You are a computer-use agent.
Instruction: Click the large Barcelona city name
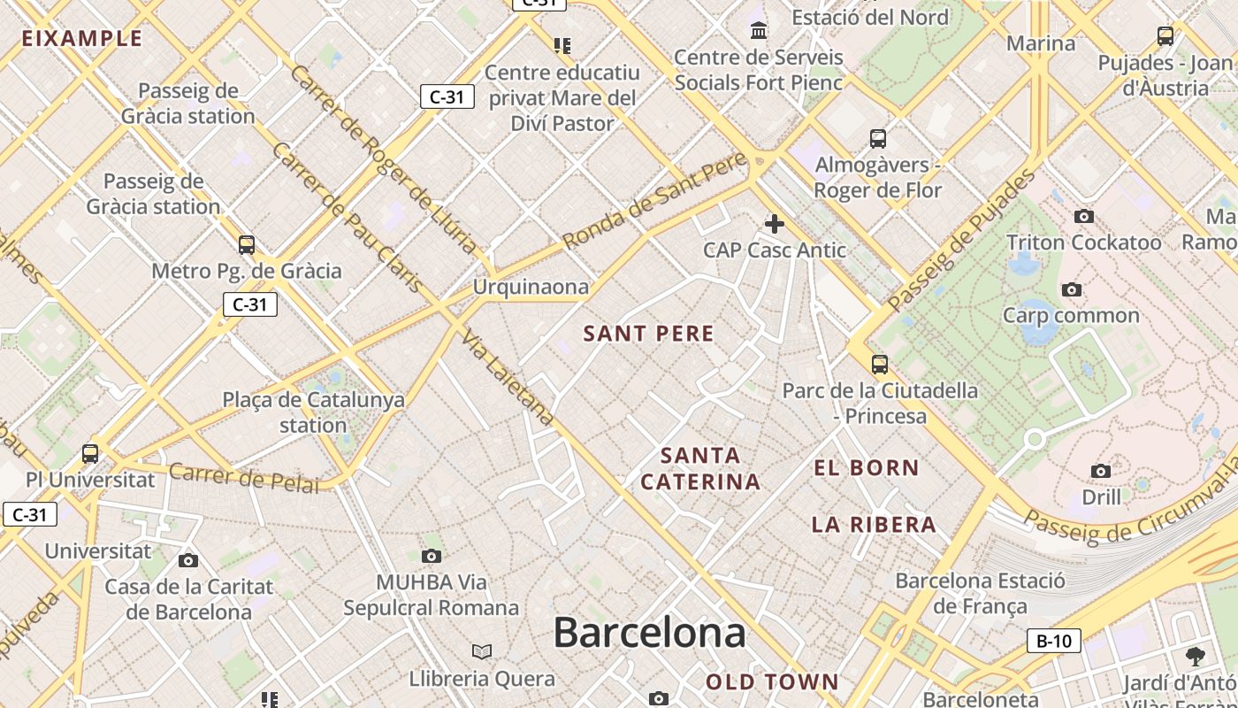(x=649, y=633)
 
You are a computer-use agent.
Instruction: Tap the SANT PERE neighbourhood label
(x=648, y=334)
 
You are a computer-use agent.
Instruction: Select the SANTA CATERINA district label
(x=700, y=468)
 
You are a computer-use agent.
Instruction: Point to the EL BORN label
(x=867, y=467)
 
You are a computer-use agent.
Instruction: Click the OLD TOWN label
(x=772, y=681)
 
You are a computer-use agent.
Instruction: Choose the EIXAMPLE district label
(x=81, y=38)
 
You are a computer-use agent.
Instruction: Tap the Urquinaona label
(x=531, y=287)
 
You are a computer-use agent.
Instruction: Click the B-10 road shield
(x=1053, y=641)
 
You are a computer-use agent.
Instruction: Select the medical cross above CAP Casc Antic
(x=775, y=224)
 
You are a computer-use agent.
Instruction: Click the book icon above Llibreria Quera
(x=482, y=652)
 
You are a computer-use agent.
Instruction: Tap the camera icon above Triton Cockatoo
(x=1083, y=217)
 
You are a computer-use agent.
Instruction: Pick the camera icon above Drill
(x=1101, y=471)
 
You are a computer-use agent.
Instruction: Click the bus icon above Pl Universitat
(x=90, y=454)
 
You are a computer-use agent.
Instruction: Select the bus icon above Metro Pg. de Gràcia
(x=247, y=245)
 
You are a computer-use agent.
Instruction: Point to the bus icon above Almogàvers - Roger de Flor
(x=878, y=139)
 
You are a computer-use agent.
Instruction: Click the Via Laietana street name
(x=508, y=380)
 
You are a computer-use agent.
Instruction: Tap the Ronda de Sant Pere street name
(x=654, y=203)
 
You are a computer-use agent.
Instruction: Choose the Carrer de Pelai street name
(x=243, y=478)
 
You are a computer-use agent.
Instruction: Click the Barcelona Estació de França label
(x=980, y=593)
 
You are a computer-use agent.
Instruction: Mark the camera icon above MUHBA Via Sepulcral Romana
(x=432, y=556)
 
